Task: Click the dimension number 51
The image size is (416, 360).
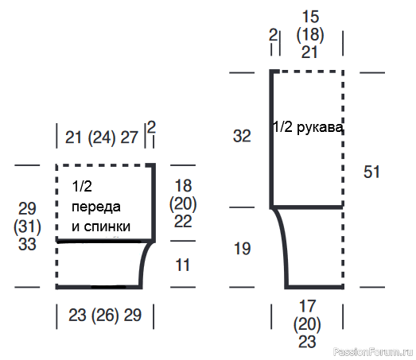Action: [371, 172]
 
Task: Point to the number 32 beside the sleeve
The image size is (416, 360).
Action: [242, 136]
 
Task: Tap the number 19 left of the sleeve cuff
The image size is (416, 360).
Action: [242, 249]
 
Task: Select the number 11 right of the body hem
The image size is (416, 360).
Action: [182, 265]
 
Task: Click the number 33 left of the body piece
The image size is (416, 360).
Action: [27, 244]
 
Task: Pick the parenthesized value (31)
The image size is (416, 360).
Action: [27, 226]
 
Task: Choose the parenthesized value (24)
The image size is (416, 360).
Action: [102, 137]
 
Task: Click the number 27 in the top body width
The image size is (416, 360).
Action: [129, 137]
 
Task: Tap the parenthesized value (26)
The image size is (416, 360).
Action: [105, 315]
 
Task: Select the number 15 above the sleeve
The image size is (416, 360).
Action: [310, 17]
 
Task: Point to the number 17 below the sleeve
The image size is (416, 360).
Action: [307, 306]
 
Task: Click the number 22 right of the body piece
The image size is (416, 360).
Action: [183, 221]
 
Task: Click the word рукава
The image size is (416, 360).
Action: [320, 128]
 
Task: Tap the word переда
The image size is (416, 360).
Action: [96, 207]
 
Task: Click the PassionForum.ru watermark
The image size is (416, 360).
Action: [373, 352]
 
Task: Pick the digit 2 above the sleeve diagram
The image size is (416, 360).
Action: [273, 35]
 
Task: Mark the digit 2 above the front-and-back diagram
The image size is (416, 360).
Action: [151, 127]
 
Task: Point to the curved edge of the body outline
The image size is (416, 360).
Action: [143, 261]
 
